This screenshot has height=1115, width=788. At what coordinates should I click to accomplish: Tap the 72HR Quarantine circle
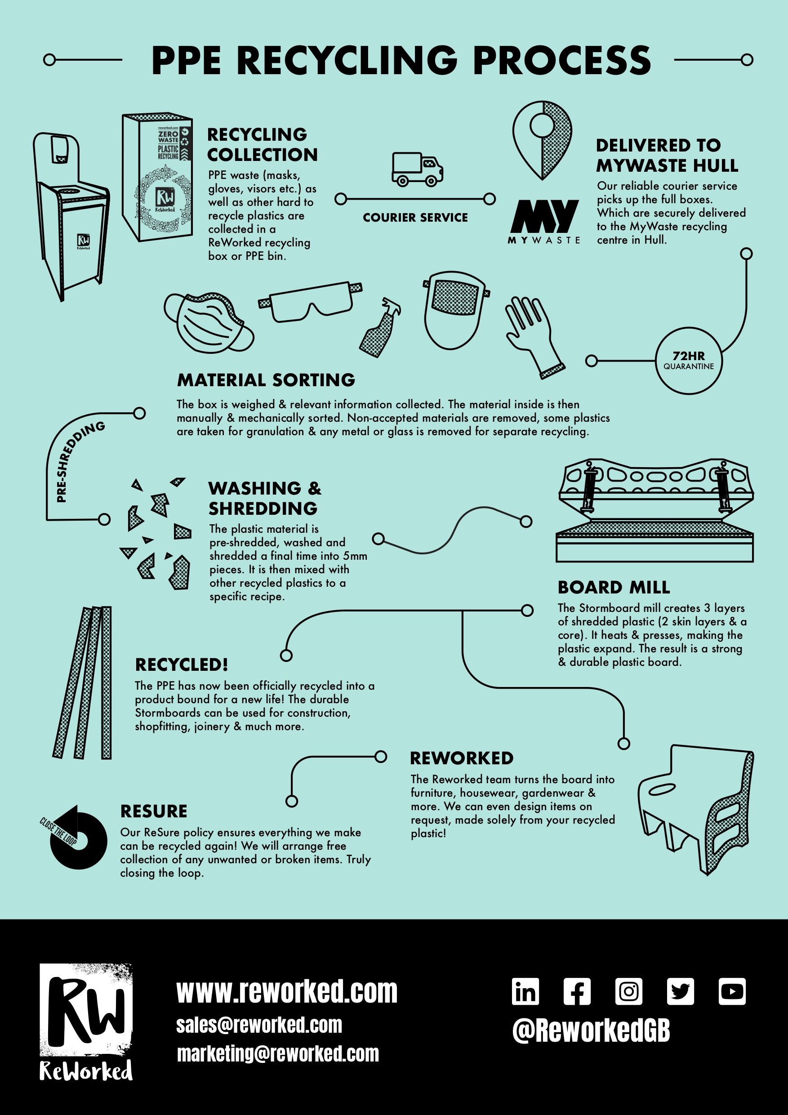click(689, 360)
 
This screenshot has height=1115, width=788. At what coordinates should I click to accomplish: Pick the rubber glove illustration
click(533, 335)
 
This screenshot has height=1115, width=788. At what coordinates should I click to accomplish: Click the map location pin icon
click(542, 138)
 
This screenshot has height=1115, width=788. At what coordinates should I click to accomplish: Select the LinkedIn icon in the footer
click(525, 991)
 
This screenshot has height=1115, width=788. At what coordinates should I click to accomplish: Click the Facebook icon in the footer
click(577, 991)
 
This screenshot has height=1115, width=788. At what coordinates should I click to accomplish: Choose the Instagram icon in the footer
click(628, 991)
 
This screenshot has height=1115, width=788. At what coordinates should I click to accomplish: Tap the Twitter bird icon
click(680, 991)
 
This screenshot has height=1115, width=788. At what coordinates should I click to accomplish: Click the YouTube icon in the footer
click(732, 991)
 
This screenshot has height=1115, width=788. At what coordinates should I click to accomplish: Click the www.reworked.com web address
click(286, 991)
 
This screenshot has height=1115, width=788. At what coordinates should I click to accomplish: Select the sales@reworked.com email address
click(259, 1025)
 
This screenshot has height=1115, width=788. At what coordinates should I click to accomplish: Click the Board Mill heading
click(614, 587)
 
